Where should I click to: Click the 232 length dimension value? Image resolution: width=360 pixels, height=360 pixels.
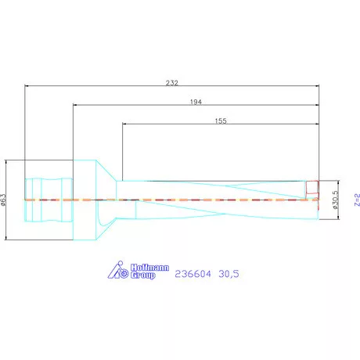(x=171, y=81)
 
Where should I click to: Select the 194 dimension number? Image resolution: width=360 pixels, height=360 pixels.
(x=197, y=101)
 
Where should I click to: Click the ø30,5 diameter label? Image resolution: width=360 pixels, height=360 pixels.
(x=335, y=200)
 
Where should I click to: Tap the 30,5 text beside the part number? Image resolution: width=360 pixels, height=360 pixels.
(x=229, y=275)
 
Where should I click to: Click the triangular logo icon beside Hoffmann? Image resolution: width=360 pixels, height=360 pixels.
(x=117, y=271)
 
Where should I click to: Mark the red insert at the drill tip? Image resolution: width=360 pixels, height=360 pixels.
(x=312, y=188)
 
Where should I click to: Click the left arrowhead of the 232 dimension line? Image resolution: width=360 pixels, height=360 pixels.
(x=27, y=85)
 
